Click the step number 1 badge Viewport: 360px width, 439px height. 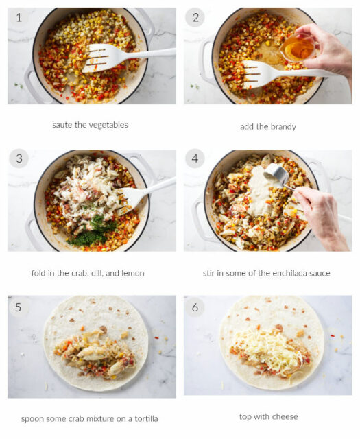click(x=19, y=18)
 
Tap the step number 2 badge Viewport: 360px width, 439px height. click(x=195, y=18)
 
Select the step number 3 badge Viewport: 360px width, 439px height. click(x=19, y=158)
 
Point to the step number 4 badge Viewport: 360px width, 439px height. click(x=195, y=158)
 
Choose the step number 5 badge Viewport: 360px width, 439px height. click(x=19, y=307)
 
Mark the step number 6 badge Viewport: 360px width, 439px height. click(x=195, y=307)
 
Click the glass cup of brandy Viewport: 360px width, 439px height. click(x=297, y=47)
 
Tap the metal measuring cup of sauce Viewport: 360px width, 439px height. click(x=276, y=175)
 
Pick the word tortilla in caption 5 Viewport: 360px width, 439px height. click(x=147, y=419)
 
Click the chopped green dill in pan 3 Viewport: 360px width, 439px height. click(x=93, y=231)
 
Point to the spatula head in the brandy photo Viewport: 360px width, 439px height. click(x=259, y=75)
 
